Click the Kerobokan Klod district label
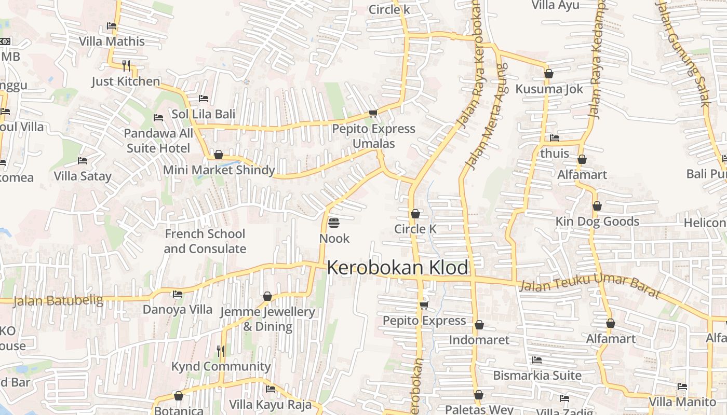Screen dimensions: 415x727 coord(397,268)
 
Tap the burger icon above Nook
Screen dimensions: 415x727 coord(334,223)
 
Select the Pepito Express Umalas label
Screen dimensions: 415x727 coord(373,136)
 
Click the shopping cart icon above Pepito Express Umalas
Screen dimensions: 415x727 coord(372,113)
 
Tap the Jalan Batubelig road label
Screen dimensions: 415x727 coord(58,300)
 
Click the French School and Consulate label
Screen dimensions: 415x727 coord(205,241)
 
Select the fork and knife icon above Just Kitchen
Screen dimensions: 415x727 coord(126,65)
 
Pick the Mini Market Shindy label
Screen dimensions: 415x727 coord(219,170)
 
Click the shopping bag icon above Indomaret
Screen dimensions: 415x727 coord(479,325)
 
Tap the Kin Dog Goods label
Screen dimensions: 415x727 coord(597,222)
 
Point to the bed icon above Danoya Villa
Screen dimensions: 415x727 coord(178,294)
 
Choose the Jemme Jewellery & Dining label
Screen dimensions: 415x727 coord(267,319)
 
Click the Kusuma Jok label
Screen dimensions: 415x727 coord(549,89)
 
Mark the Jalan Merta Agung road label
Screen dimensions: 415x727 coord(486,117)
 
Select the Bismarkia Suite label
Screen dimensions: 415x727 coord(537,375)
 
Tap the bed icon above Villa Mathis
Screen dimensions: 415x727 coord(112,26)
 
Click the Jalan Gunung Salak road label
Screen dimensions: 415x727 coord(683,52)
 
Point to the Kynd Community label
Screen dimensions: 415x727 coord(221,367)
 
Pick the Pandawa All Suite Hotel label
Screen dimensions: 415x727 coord(158,141)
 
